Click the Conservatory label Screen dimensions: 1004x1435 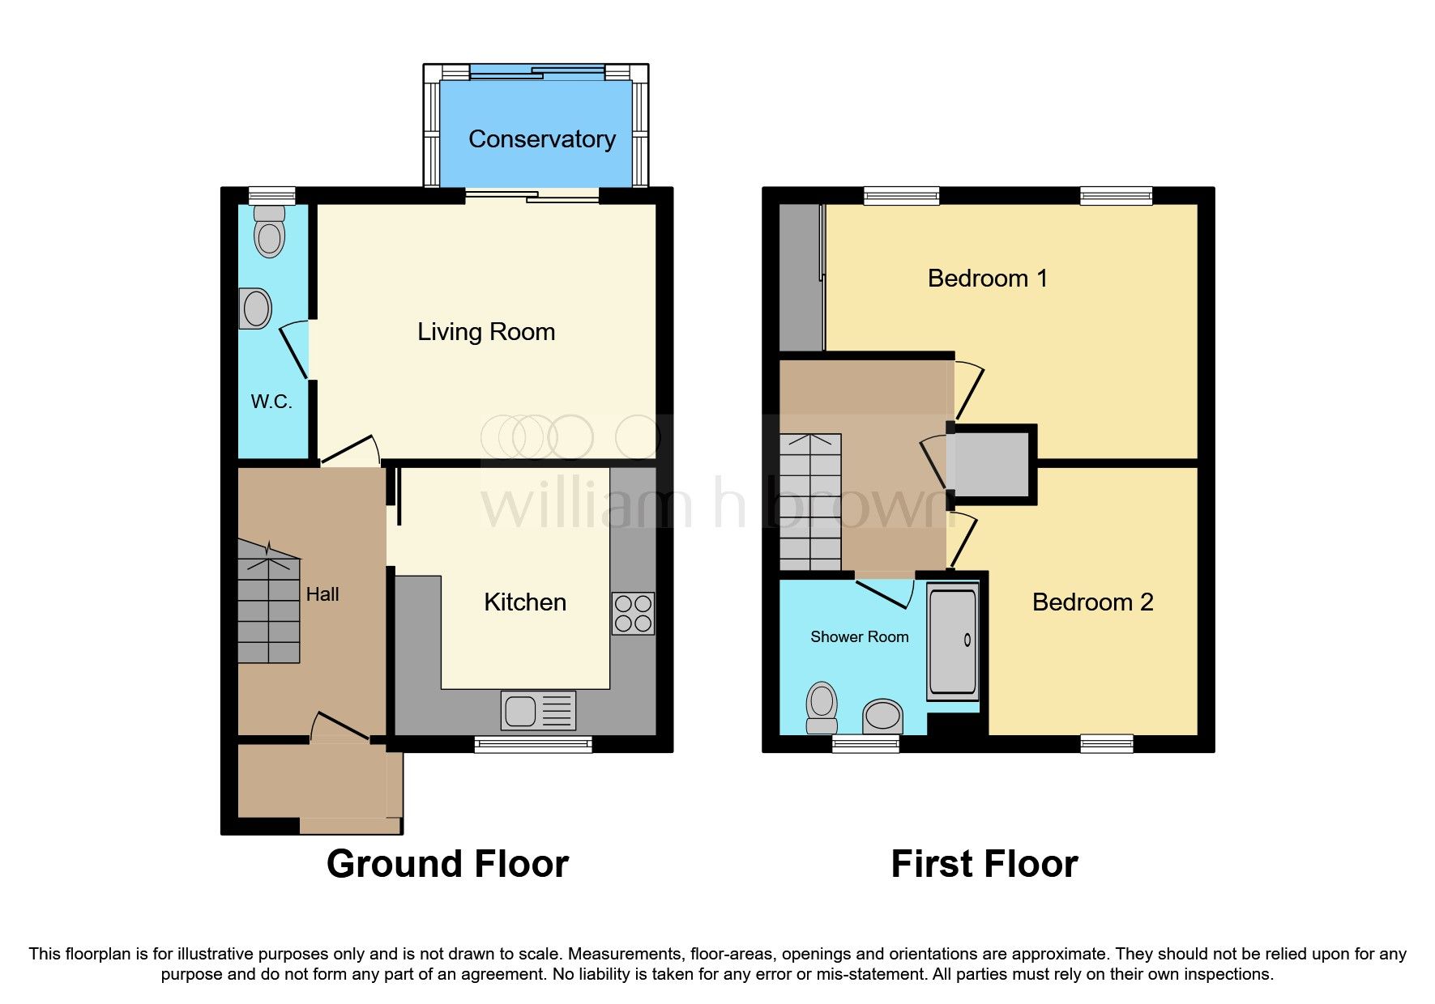point(541,139)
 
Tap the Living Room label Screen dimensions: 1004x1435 point(486,332)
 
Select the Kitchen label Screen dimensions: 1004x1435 point(525,602)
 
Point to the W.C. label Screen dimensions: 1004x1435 point(271,402)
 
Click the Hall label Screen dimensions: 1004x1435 point(322,594)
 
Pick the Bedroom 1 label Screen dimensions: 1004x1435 point(987,279)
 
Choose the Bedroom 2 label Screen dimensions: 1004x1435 point(1092,602)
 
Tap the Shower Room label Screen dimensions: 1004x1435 point(859,637)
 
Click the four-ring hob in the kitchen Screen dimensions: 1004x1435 point(633,614)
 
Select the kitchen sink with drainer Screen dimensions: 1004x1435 point(538,711)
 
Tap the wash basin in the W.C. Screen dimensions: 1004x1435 point(255,309)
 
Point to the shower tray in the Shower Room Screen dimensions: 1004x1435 point(953,641)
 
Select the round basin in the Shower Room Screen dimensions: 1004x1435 point(882,716)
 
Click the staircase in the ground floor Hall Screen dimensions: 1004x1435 point(269,603)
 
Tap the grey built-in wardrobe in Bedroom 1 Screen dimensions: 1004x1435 point(800,278)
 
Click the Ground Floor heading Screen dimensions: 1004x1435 point(447,864)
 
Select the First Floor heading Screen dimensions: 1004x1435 point(984,864)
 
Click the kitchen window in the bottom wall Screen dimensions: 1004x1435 point(533,745)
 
